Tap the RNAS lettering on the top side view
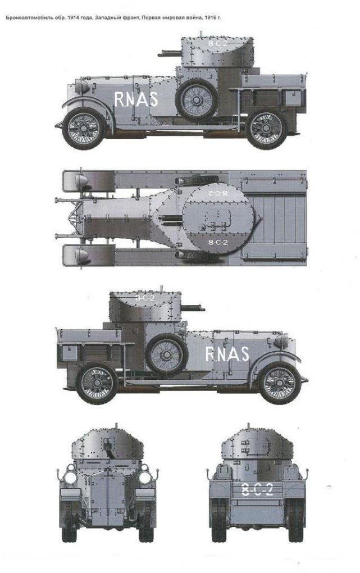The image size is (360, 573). pyautogui.click(x=136, y=99)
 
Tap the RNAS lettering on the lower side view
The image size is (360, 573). pyautogui.click(x=227, y=354)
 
